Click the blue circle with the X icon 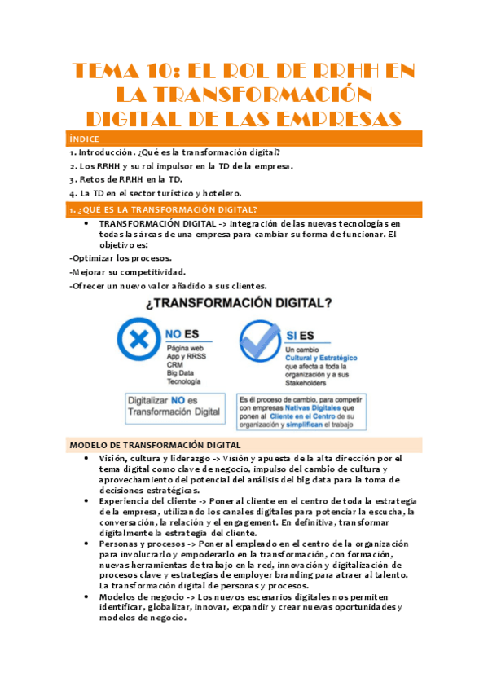click(139, 340)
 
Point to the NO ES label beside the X click(183, 334)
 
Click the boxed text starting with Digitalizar click(174, 407)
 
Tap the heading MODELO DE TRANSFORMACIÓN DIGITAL click(156, 445)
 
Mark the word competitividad click(153, 271)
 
